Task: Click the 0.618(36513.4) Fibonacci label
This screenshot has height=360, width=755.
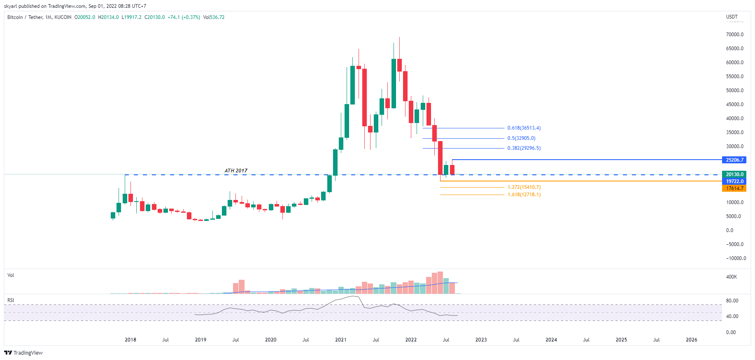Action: pyautogui.click(x=524, y=128)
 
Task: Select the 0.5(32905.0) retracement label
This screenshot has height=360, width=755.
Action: pyautogui.click(x=521, y=138)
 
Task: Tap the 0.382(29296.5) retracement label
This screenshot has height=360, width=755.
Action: pyautogui.click(x=524, y=148)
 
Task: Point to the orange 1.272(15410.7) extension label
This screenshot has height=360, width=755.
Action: pyautogui.click(x=524, y=187)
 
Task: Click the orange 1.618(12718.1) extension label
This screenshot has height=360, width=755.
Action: pyautogui.click(x=524, y=195)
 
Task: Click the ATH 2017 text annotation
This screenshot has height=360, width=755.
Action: pyautogui.click(x=236, y=171)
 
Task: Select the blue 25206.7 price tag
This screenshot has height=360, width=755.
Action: pyautogui.click(x=734, y=160)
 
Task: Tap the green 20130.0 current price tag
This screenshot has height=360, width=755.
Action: pyautogui.click(x=734, y=174)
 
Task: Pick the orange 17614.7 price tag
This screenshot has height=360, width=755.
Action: pyautogui.click(x=734, y=188)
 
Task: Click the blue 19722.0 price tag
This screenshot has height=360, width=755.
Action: pyautogui.click(x=734, y=181)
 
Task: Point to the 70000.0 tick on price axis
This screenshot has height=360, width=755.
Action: pyautogui.click(x=735, y=35)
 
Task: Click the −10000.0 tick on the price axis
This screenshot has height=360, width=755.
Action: pyautogui.click(x=735, y=258)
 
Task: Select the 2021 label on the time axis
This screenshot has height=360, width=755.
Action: pyautogui.click(x=340, y=340)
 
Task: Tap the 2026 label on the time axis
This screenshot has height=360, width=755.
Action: pyautogui.click(x=691, y=340)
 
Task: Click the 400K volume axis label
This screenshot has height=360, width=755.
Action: pyautogui.click(x=732, y=277)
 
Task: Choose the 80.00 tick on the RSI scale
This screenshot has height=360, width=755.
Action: pyautogui.click(x=732, y=301)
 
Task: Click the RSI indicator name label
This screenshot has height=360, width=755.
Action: pyautogui.click(x=11, y=300)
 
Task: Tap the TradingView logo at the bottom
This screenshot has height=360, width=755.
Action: pyautogui.click(x=23, y=353)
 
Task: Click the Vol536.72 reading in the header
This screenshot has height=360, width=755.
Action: pyautogui.click(x=214, y=17)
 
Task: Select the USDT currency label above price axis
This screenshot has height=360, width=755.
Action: pyautogui.click(x=732, y=17)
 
